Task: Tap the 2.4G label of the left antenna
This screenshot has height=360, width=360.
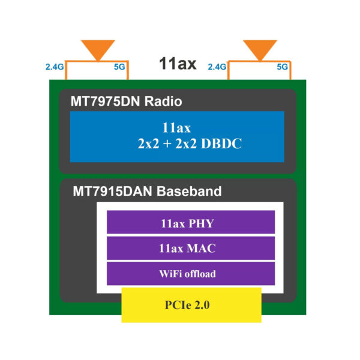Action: click(x=54, y=67)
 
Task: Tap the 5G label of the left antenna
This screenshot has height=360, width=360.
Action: click(x=119, y=67)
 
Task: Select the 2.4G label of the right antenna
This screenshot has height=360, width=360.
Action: click(x=217, y=67)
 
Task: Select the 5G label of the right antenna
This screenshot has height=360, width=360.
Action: click(x=282, y=67)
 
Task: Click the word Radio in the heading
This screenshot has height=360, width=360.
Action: click(x=163, y=101)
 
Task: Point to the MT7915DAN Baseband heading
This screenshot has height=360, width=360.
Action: click(x=147, y=192)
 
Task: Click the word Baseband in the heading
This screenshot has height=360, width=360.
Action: click(x=191, y=192)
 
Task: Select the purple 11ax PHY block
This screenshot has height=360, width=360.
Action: click(x=190, y=223)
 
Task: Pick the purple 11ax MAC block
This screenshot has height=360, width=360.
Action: click(x=190, y=248)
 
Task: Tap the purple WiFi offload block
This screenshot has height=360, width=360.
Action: click(x=190, y=274)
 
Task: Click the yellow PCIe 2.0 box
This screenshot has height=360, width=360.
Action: click(x=191, y=304)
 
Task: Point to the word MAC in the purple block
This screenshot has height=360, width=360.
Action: click(x=202, y=248)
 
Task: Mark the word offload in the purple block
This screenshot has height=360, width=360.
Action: click(x=200, y=274)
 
